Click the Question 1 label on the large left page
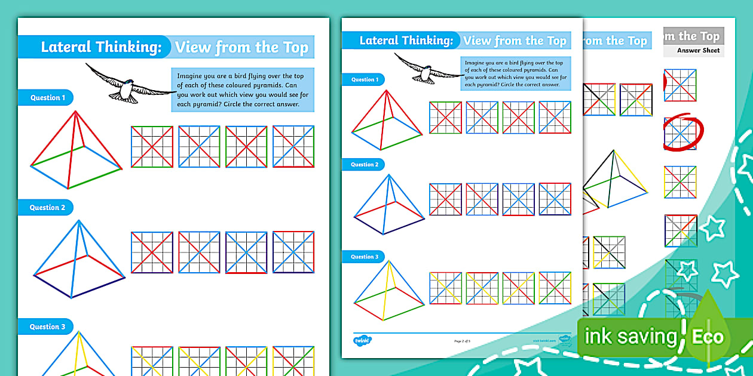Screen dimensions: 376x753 coord(45,97)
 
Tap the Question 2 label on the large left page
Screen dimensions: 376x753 coord(45,208)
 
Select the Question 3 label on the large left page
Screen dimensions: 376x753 coord(45,326)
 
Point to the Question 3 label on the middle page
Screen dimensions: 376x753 coord(363,257)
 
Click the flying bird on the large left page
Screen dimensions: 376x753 coord(128,84)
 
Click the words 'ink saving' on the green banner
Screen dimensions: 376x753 coord(630,337)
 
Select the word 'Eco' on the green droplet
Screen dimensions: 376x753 coord(708,337)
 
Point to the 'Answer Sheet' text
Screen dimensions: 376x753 coord(698,51)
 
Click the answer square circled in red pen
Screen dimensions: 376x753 coord(681,133)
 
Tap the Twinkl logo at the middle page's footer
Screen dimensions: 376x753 coord(362,340)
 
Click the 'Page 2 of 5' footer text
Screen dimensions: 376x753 coord(464,341)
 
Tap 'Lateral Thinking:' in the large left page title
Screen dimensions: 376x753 coord(101,47)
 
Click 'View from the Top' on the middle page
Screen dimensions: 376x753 coord(515,41)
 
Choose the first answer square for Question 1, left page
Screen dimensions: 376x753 coord(152,147)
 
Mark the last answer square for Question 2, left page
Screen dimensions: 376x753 coord(293,252)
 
